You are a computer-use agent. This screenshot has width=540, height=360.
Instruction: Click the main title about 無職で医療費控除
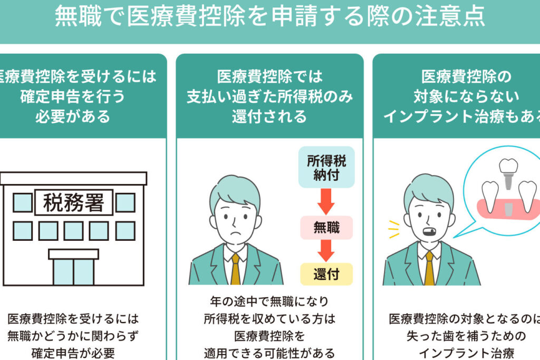(269, 17)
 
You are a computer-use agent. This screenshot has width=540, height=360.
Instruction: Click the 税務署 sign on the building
(73, 202)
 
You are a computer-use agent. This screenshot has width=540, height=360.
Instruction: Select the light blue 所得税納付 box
(326, 168)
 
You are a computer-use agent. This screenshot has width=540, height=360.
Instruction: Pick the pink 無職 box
(326, 227)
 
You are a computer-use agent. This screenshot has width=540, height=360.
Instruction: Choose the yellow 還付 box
(326, 274)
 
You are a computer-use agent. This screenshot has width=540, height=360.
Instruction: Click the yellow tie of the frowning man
(235, 268)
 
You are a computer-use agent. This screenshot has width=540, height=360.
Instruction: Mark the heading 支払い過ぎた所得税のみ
(269, 96)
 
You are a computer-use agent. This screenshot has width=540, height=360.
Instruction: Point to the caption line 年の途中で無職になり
(269, 301)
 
